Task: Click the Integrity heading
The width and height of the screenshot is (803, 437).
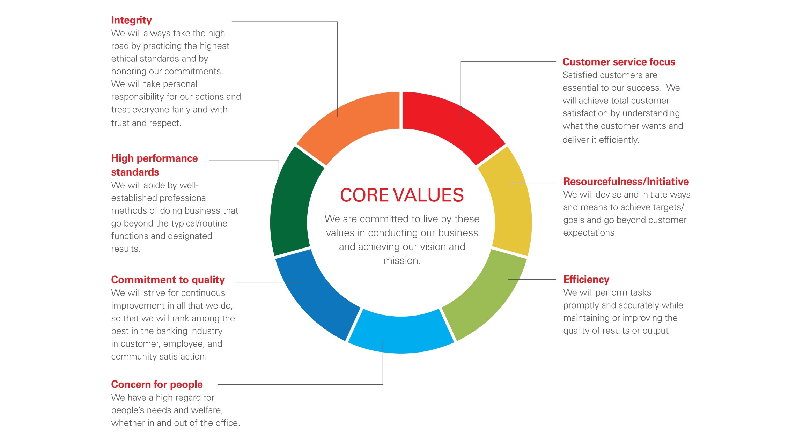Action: (131, 21)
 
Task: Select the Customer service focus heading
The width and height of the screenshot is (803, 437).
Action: (619, 62)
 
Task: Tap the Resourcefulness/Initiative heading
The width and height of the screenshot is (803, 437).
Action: (626, 182)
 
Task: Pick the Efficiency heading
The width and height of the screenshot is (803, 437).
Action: (586, 280)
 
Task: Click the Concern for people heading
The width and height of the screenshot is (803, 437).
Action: (157, 385)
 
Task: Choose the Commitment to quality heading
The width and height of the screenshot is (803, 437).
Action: (168, 280)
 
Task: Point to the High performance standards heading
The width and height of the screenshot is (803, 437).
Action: (154, 165)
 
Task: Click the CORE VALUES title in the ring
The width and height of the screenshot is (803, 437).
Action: (402, 195)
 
